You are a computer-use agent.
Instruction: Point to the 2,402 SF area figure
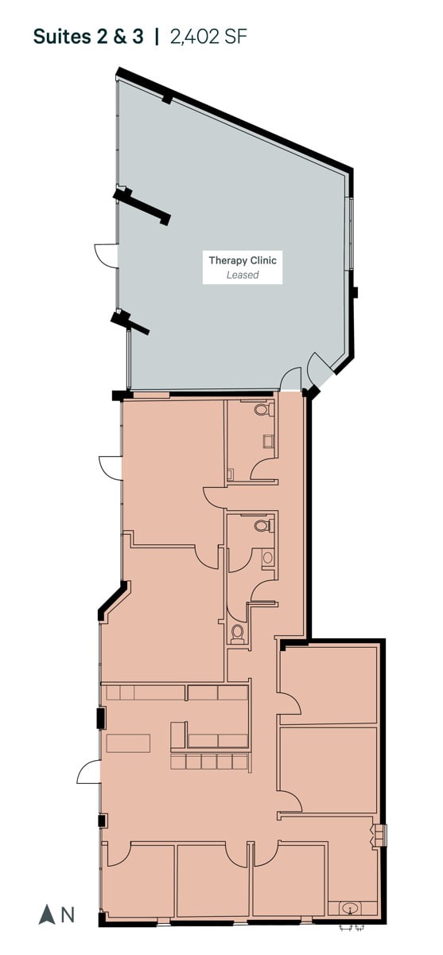click(x=208, y=37)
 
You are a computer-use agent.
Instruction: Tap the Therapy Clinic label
click(x=243, y=260)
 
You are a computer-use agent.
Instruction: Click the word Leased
click(x=243, y=275)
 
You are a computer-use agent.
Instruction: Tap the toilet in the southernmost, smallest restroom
click(x=237, y=634)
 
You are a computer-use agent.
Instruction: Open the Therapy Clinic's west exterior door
click(x=106, y=255)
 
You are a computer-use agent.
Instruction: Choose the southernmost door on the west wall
click(x=88, y=773)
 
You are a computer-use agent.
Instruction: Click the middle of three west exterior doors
click(x=111, y=468)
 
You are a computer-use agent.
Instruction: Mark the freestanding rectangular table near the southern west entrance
click(x=128, y=743)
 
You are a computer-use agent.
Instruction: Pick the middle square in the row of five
click(x=208, y=762)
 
